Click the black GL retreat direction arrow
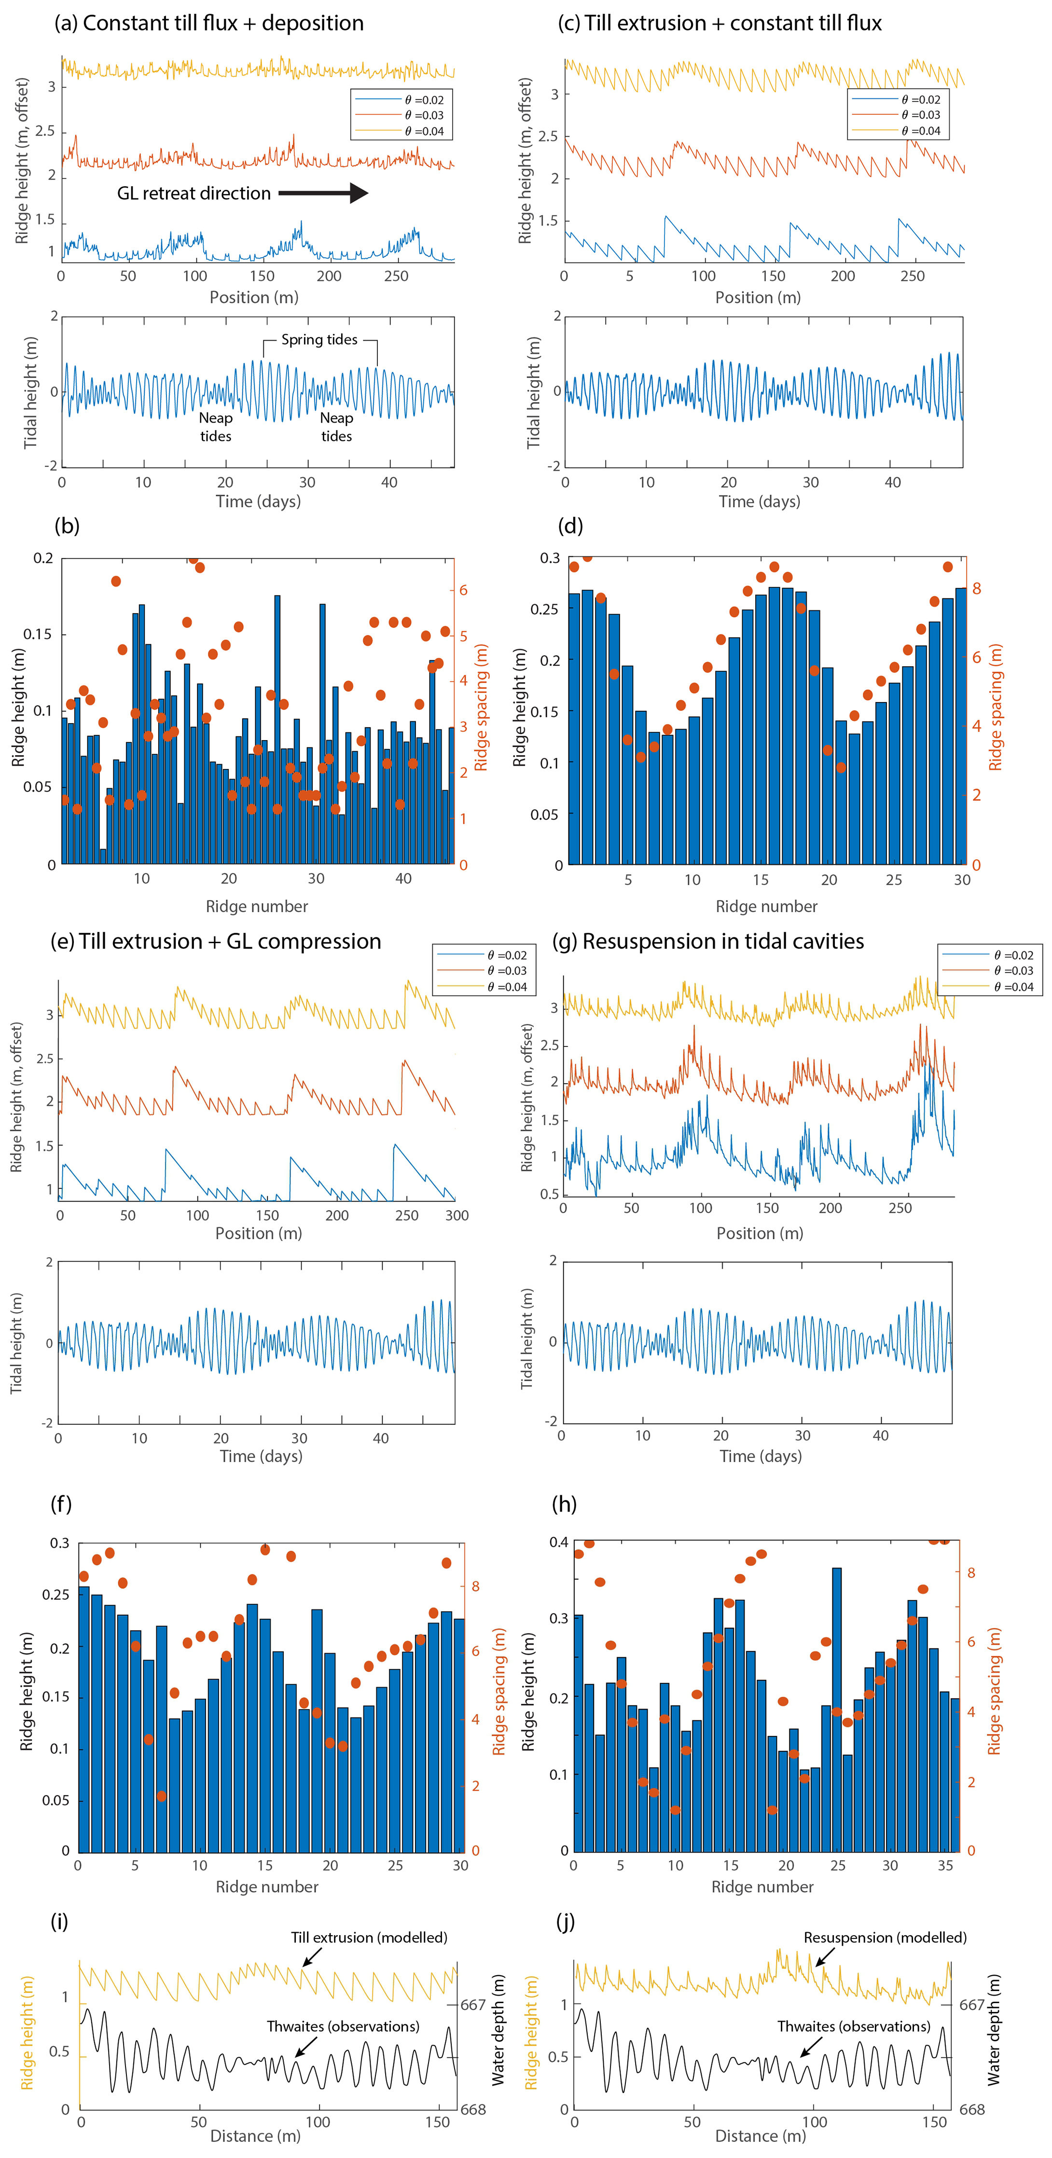click(x=323, y=193)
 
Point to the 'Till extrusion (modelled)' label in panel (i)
click(x=369, y=1937)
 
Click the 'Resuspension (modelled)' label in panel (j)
click(x=885, y=1937)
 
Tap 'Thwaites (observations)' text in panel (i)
click(x=343, y=2026)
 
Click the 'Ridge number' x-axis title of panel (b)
click(x=257, y=907)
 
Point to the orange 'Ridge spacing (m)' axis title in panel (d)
click(x=995, y=708)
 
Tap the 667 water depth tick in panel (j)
click(x=972, y=2005)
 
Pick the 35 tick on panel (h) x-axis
click(x=945, y=1866)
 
